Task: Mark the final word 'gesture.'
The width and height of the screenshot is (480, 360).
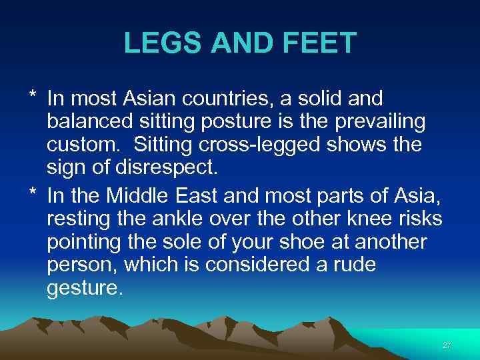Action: [x=85, y=287]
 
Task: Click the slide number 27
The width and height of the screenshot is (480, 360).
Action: [x=446, y=345]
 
